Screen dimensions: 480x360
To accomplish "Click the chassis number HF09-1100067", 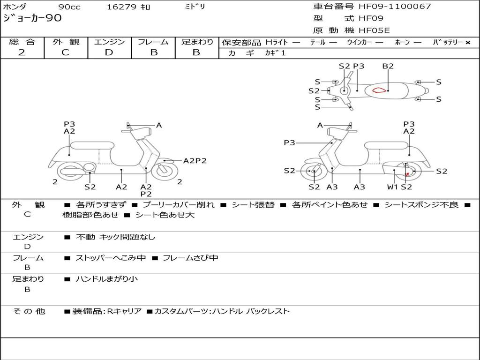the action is pos(395,7).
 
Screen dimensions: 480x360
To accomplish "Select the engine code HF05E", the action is pos(374,30).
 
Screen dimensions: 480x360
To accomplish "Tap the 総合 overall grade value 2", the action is pos(22,52).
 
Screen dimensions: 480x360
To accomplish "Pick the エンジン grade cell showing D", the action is pos(109,52).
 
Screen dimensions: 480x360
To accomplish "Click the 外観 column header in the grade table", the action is pos(66,42).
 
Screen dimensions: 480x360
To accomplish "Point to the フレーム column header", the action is pos(153,42).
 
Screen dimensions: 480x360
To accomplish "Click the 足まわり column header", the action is pos(197,42).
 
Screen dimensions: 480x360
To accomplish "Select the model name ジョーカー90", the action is pos(32,19).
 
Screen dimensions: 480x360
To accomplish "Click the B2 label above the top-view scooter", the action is pos(388,66).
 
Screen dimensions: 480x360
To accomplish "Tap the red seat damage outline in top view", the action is pos(381,90).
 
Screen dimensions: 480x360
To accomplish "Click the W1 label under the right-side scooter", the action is pos(392,187).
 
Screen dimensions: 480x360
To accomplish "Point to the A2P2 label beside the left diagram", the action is pos(195,161).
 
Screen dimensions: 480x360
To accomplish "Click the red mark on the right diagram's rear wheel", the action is pos(407,174).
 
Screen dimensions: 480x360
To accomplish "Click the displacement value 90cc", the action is pos(69,7).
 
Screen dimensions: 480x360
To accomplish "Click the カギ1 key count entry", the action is pos(275,53).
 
